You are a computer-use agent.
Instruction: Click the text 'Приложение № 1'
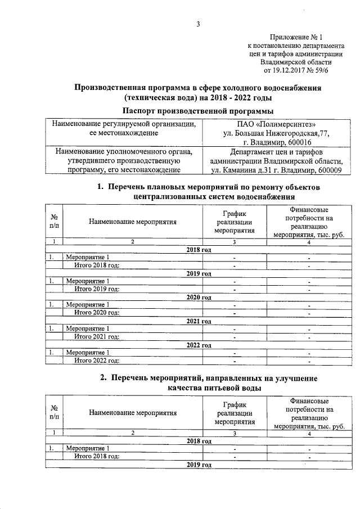301,36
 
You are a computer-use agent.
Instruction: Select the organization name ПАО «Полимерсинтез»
275,124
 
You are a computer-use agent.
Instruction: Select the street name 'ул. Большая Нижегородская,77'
275,133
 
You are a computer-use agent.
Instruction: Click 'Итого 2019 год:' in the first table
97,289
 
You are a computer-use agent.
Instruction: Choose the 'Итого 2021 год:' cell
97,336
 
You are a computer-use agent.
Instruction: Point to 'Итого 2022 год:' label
97,361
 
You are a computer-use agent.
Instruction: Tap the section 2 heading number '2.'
104,378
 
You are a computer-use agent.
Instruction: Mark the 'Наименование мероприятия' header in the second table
133,413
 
